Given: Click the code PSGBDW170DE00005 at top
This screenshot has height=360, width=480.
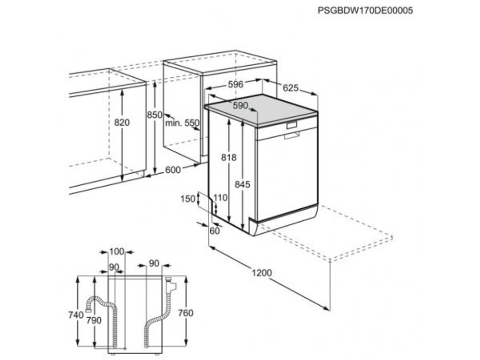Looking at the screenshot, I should coord(365,11).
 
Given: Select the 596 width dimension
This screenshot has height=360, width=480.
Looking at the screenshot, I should coord(235,84).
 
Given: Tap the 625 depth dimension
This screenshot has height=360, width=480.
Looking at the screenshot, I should coord(290,88).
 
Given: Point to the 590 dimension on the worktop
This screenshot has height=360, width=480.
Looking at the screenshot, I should coord(240,106).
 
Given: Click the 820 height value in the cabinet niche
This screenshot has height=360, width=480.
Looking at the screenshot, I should coord(122,123).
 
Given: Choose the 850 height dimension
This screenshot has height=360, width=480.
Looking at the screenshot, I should coord(155,115).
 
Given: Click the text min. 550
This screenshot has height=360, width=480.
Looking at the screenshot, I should coord(182,123).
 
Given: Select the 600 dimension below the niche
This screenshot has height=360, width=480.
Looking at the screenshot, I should coord(173,169).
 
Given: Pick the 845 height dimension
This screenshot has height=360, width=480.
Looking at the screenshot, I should coord(243,184).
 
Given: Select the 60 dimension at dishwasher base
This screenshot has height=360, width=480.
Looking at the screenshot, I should coord(214,231).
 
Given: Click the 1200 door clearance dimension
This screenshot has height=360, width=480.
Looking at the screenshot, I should coord(262,273).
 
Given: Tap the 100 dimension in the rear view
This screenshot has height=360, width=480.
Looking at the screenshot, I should coord(117,251).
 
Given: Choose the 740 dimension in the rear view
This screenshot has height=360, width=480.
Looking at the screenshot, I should coord(77,315).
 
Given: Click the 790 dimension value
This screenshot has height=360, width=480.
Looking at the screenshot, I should coord(95,320).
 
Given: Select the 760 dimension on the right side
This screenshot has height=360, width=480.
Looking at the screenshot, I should coord(185,313).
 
